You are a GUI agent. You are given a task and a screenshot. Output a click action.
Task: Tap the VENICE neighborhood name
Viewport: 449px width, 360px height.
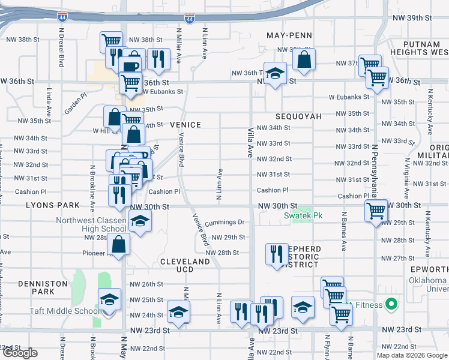click(x=185, y=124)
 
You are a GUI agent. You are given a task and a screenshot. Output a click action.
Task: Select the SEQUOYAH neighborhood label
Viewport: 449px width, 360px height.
click(x=298, y=116)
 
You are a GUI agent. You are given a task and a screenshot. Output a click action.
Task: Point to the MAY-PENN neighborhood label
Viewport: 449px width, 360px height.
click(x=290, y=36)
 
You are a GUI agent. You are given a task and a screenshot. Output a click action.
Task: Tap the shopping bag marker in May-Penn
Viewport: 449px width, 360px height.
click(x=304, y=59)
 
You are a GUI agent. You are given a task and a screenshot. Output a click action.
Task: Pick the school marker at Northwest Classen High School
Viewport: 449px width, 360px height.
click(x=140, y=222)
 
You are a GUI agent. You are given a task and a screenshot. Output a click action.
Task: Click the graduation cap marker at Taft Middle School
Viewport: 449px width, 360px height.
click(x=109, y=301)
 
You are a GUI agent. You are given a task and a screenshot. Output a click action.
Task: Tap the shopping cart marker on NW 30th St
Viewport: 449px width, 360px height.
click(x=376, y=211)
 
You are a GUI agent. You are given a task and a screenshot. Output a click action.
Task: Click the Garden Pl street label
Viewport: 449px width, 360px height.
click(x=76, y=107)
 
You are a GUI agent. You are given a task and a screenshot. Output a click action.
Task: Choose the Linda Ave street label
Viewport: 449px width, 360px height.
click(x=49, y=102)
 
